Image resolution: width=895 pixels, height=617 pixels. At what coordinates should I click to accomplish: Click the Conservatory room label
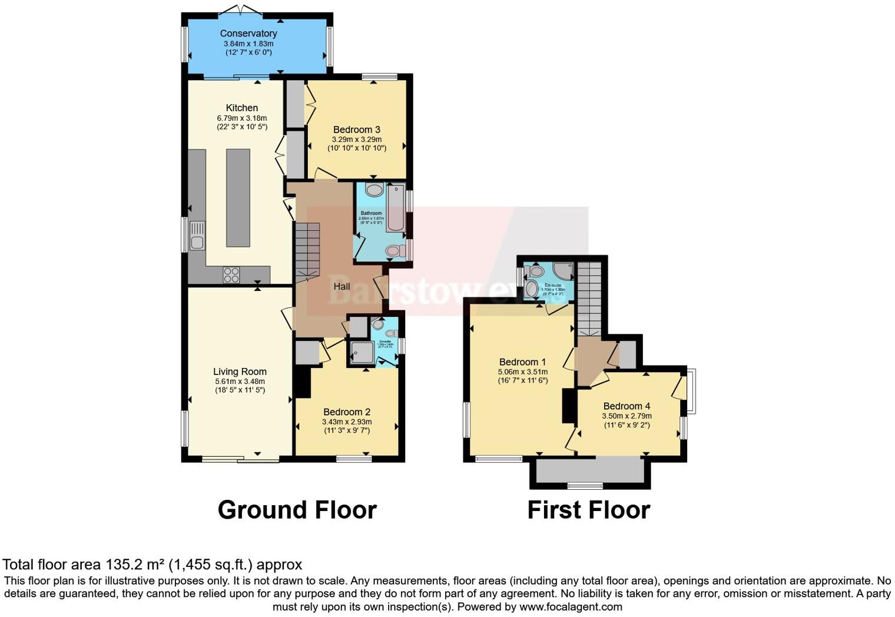tap(248, 34)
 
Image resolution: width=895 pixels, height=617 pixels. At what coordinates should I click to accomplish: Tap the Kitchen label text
tap(242, 108)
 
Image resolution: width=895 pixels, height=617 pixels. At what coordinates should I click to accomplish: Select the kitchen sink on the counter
tap(197, 235)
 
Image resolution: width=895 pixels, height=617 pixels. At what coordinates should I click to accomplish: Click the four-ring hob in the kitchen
tap(231, 274)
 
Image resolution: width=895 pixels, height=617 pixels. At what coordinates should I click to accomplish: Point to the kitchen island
tap(238, 198)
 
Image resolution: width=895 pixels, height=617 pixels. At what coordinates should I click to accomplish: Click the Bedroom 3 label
tap(356, 130)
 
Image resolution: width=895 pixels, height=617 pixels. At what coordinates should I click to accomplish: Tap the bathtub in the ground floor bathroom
tap(396, 207)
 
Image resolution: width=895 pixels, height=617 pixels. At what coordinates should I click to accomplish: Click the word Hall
tap(342, 287)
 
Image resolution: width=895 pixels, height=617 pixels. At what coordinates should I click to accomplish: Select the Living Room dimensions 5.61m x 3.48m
tap(240, 382)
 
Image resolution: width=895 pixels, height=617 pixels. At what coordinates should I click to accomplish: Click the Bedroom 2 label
tap(346, 412)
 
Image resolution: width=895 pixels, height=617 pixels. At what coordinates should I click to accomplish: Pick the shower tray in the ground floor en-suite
tap(362, 352)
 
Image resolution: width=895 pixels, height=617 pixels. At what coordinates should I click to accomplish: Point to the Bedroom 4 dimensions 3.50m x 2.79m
tap(626, 416)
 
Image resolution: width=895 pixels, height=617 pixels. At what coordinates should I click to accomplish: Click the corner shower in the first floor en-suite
tap(563, 271)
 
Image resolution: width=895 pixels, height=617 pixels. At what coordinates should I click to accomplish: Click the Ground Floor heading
tap(297, 510)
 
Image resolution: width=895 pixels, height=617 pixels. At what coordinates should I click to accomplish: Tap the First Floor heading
tap(588, 510)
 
